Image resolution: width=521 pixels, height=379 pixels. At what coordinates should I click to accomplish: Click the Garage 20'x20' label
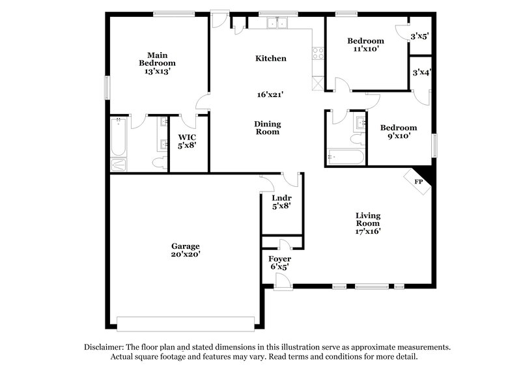click(x=186, y=250)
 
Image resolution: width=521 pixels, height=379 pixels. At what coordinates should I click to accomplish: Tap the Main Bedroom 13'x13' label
click(x=157, y=63)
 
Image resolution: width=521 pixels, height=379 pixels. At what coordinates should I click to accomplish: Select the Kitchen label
click(x=270, y=59)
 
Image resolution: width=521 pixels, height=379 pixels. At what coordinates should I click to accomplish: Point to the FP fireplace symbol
click(x=418, y=181)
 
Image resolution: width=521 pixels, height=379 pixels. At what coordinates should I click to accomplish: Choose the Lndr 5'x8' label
click(x=281, y=201)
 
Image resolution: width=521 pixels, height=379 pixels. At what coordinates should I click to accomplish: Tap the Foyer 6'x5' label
click(x=279, y=262)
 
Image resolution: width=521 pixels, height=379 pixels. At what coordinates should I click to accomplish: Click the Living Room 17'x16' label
click(x=368, y=223)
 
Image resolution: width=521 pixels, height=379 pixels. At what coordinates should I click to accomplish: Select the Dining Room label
click(x=267, y=127)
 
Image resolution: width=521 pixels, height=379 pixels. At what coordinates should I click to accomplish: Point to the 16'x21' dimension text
click(x=270, y=94)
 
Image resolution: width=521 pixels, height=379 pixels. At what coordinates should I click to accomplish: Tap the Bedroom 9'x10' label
click(x=399, y=132)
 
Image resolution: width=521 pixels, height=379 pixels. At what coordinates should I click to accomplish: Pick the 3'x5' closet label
click(x=419, y=37)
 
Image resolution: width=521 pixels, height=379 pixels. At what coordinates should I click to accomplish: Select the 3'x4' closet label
click(x=419, y=73)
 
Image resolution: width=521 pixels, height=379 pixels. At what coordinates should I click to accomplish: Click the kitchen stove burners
click(x=318, y=54)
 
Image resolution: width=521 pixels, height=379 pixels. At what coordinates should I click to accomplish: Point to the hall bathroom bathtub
click(x=346, y=157)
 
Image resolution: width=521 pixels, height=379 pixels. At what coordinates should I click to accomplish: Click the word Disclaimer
click(x=104, y=347)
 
